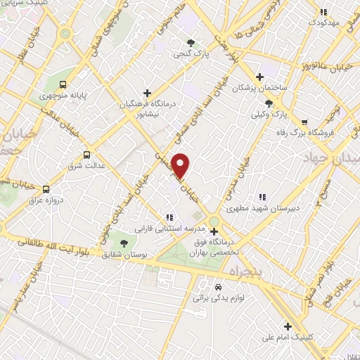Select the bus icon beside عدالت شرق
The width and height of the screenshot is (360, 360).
(x=87, y=155)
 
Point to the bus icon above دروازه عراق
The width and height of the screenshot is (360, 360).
(x=46, y=188)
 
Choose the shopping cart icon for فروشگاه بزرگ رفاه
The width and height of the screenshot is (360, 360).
(x=304, y=121)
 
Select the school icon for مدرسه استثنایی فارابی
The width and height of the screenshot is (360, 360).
(x=168, y=217)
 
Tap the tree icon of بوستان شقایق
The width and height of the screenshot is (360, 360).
(x=124, y=243)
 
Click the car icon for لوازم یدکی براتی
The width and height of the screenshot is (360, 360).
(x=218, y=287)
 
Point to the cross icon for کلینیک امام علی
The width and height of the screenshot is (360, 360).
(x=288, y=326)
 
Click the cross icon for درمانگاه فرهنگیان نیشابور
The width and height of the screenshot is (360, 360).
(x=146, y=92)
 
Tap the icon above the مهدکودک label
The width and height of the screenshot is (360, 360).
(x=323, y=12)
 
